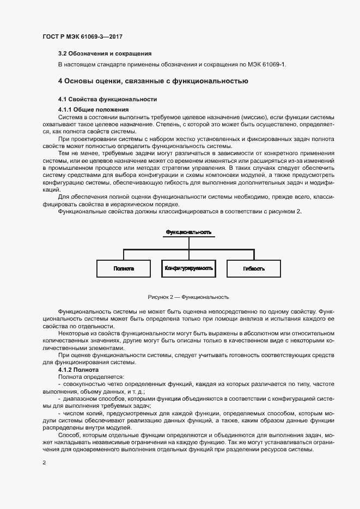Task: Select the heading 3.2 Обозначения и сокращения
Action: pos(105,53)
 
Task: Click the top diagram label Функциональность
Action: pos(188,232)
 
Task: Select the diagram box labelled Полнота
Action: pos(124,268)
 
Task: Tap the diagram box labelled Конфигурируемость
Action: pos(188,268)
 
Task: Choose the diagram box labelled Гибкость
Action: pos(254,268)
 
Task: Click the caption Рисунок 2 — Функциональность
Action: pos(188,297)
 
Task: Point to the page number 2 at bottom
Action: pos(44,463)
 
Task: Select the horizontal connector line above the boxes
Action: pos(188,249)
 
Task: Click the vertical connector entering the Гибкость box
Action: pos(254,255)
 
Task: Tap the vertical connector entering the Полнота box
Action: pos(124,255)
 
